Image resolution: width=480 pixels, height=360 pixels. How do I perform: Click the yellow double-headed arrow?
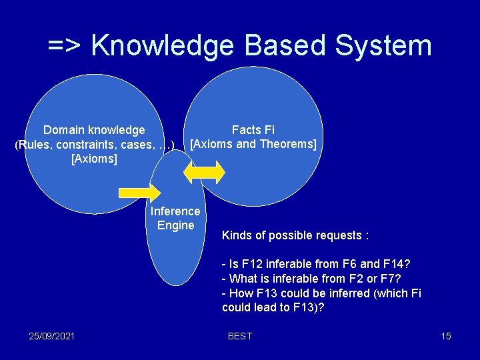[x=205, y=171]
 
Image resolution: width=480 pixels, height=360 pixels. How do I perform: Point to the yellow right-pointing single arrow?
[x=139, y=192]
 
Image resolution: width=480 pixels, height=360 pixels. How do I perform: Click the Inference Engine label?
[x=175, y=218]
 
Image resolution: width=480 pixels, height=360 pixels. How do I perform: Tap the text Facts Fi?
[x=253, y=130]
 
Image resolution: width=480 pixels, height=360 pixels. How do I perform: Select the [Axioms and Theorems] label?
[x=253, y=144]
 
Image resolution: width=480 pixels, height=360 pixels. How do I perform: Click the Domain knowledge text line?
[x=94, y=130]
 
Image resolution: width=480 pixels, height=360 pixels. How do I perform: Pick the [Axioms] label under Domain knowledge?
[x=94, y=159]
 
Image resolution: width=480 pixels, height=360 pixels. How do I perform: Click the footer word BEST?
[x=240, y=336]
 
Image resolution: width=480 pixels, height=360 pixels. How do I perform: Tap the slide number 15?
[x=446, y=336]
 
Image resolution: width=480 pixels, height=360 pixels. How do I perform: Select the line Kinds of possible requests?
[x=295, y=236]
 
